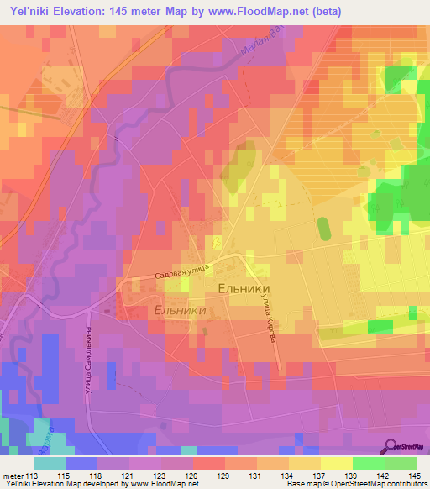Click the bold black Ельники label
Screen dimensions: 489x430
(x=243, y=288)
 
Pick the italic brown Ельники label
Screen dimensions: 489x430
(x=180, y=310)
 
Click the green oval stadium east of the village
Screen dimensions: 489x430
(x=323, y=229)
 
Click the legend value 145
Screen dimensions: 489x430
(x=412, y=475)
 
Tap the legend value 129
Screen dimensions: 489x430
(x=223, y=475)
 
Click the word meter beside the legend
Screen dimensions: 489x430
(x=11, y=475)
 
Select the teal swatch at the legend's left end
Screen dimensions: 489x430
(x=50, y=463)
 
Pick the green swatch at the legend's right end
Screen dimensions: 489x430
(x=401, y=463)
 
